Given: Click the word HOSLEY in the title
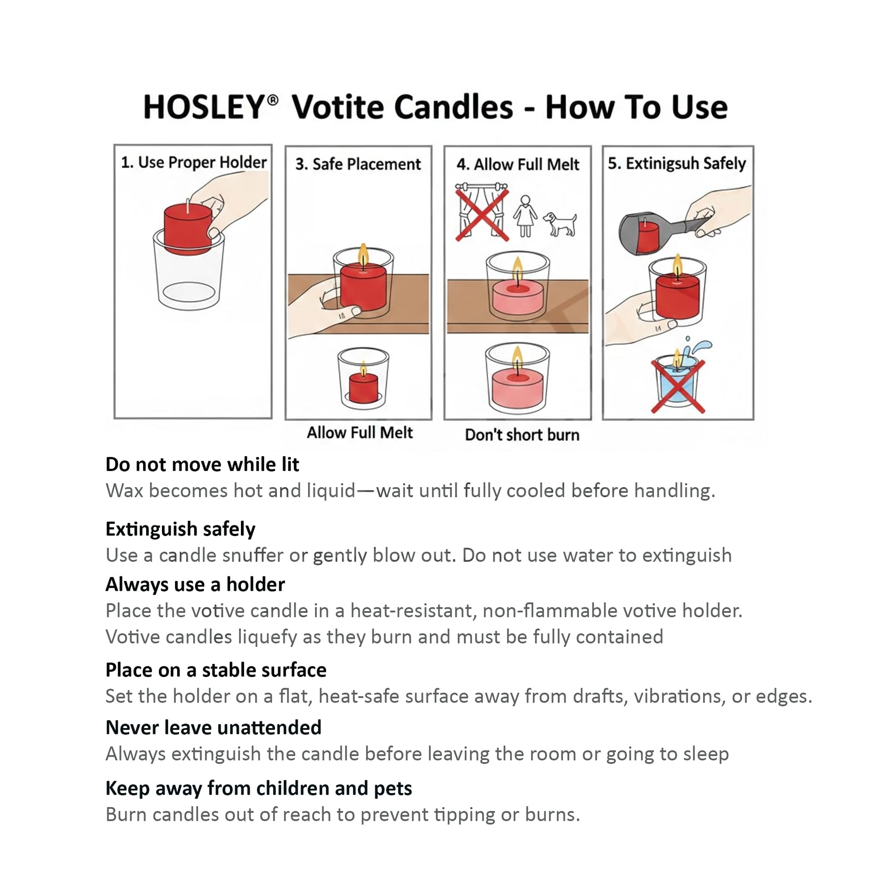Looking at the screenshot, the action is [x=204, y=107].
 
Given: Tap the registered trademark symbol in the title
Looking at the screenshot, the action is [x=273, y=100].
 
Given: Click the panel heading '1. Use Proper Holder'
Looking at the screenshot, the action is [x=194, y=162].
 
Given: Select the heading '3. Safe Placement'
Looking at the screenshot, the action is [x=358, y=164].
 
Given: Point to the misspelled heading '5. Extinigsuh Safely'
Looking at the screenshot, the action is [x=677, y=164].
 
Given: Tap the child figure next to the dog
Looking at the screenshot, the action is [x=525, y=216].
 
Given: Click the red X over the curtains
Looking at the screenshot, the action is [x=482, y=214].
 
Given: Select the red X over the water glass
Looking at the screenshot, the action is [x=678, y=386].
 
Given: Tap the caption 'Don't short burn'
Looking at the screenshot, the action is [x=522, y=435].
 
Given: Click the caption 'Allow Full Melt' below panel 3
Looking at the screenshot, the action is [x=360, y=432].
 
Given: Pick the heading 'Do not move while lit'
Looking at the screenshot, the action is [x=202, y=464].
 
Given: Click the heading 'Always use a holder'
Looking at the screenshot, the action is [x=195, y=585].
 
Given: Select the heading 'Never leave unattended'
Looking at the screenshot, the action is [x=213, y=728].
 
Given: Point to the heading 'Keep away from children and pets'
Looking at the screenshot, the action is [x=258, y=789].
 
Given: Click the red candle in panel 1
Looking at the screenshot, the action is [x=188, y=228].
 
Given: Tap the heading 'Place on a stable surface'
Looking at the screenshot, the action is [x=216, y=670].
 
